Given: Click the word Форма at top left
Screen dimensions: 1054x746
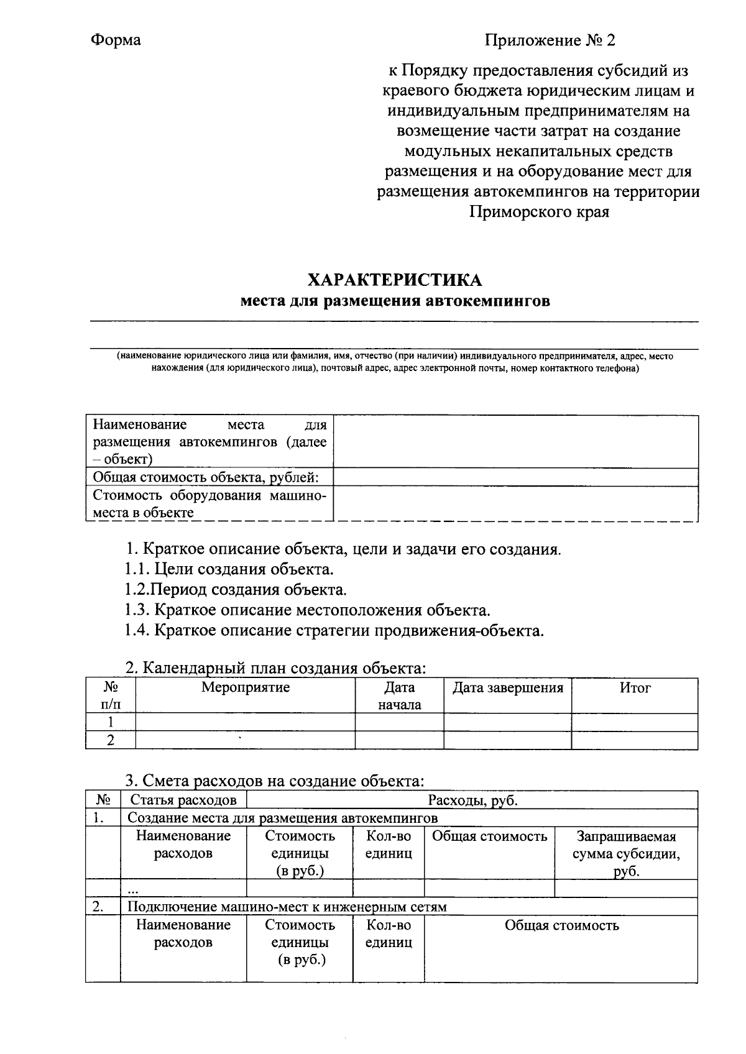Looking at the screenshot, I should coord(116,40).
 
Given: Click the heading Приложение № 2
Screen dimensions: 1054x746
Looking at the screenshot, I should coord(550,41).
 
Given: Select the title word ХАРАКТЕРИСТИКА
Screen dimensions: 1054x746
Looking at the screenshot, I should coord(395,280).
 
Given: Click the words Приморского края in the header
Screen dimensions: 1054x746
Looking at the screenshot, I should coord(538,212).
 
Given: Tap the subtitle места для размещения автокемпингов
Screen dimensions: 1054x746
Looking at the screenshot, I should coord(395,301).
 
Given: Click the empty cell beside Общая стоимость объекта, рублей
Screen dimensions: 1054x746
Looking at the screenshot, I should coord(515,477).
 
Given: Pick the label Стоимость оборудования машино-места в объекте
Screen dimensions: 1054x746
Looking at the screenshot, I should coord(209,504).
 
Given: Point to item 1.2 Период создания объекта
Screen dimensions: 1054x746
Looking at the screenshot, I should coord(236,589).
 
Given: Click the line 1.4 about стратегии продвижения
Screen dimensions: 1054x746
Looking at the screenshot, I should coord(334,630).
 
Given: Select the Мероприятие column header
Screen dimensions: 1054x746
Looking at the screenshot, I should coord(246,688).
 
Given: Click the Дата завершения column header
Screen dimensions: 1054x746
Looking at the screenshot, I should coord(507,688).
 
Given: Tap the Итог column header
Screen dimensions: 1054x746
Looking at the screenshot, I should coord(635,688).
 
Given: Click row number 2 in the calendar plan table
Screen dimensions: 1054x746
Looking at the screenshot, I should coord(111,740).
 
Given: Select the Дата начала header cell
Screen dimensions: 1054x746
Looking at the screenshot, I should coord(399,696).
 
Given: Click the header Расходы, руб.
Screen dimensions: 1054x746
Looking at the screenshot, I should coord(472,800).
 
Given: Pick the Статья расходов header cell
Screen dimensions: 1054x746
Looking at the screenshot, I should coord(183,800).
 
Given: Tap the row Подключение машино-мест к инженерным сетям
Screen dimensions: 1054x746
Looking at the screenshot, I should coord(287,907).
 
